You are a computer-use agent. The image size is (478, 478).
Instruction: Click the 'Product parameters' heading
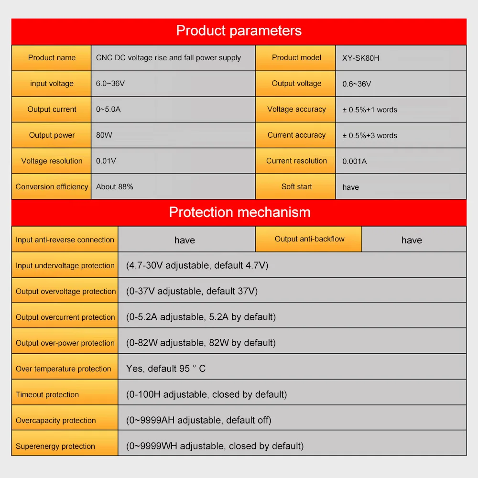239,31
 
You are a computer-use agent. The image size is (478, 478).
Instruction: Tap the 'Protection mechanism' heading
239,212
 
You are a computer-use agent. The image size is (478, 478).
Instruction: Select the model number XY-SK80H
360,58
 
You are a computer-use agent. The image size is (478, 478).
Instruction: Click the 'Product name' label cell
52,58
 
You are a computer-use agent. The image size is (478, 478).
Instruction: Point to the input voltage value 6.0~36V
110,84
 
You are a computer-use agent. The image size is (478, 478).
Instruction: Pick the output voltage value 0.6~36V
357,84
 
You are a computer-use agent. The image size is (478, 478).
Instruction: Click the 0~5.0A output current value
109,109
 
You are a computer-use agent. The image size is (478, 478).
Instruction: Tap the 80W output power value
104,135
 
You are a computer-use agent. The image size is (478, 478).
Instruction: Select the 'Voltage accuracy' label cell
296,109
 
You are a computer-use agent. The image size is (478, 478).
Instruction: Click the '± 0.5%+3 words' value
369,136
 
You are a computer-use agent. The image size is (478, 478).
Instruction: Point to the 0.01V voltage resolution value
106,161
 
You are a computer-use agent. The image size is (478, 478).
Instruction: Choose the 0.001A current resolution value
355,162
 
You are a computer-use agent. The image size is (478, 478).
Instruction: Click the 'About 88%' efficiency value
115,187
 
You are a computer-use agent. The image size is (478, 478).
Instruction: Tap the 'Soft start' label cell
296,187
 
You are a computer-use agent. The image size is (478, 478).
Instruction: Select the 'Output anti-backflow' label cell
309,239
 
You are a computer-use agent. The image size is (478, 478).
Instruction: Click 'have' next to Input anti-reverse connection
185,240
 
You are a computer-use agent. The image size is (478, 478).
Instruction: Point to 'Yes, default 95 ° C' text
166,369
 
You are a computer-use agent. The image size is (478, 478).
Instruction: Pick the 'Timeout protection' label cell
47,395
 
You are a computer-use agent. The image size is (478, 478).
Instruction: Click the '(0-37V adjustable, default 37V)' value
192,291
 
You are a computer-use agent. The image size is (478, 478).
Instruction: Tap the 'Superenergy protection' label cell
55,446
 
